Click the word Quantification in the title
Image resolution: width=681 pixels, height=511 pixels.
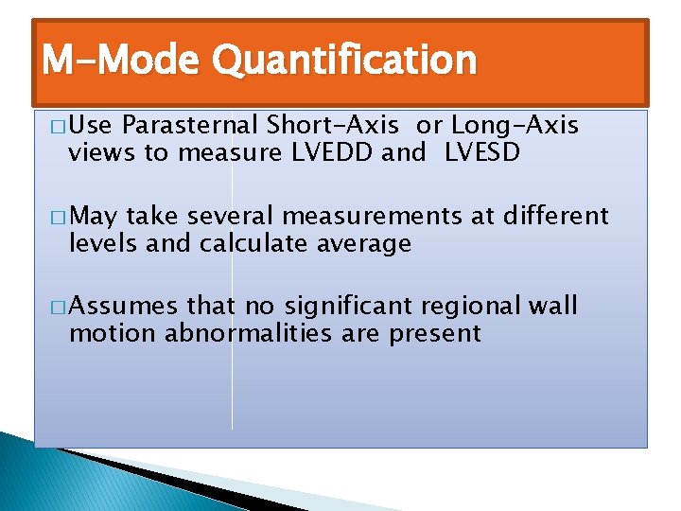point(344,62)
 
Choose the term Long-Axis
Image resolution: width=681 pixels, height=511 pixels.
point(515,126)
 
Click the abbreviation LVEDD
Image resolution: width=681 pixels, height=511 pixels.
point(328,153)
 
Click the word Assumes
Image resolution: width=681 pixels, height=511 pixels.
point(123,308)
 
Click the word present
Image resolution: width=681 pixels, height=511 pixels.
point(437,335)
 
